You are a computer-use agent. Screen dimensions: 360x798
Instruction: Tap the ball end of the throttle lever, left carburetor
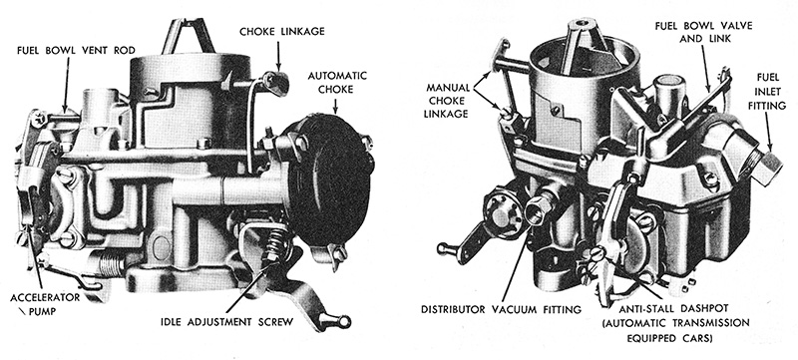tap(346, 320)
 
